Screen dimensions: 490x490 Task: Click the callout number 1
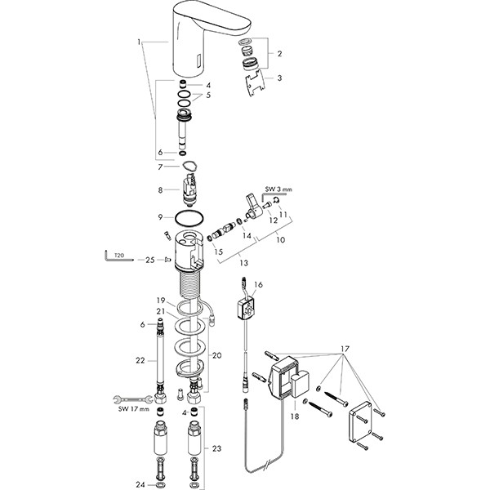[140, 41]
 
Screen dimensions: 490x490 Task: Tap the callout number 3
[279, 78]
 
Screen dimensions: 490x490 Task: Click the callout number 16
[258, 286]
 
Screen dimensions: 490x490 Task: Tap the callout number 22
[140, 359]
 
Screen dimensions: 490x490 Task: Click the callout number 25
[149, 260]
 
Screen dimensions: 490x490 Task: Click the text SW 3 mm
[279, 189]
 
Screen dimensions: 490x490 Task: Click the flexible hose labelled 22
[162, 359]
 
